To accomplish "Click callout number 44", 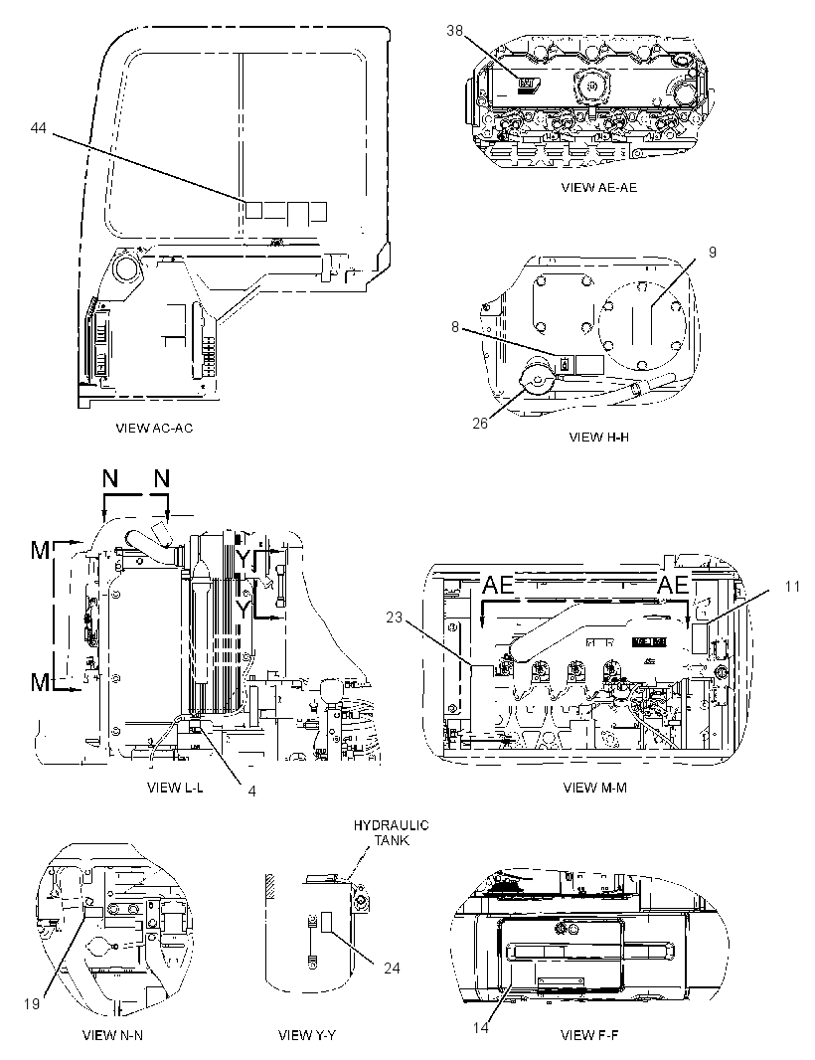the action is (39, 127).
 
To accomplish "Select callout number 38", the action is (454, 30).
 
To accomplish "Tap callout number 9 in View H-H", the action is (713, 253).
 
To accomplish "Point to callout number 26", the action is (480, 424).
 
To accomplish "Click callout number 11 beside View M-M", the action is (792, 586).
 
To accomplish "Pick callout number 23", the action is (395, 617).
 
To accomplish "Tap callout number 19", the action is (32, 1004).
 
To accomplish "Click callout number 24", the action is (392, 969).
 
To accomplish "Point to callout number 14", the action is (480, 1028).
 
